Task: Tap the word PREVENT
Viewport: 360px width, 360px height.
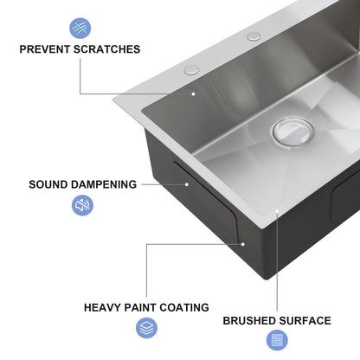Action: pos(48,49)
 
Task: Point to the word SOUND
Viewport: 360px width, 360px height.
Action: pos(49,184)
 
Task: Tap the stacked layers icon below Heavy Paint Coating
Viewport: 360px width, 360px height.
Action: pos(146,328)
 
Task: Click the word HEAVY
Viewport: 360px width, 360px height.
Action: pos(105,307)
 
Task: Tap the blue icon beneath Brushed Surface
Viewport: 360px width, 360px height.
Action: pos(277,340)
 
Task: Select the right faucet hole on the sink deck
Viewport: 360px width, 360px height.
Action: pos(254,36)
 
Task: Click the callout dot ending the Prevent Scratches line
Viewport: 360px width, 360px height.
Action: pos(194,93)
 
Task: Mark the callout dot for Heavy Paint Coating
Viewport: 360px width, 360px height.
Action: pos(243,244)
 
